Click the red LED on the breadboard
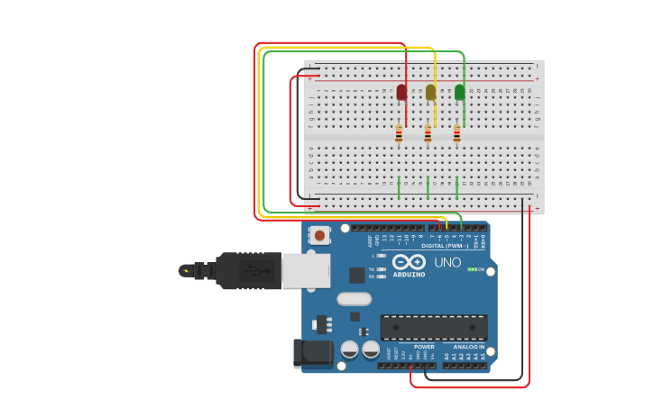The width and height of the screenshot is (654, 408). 401,92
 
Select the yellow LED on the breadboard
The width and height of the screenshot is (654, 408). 431,92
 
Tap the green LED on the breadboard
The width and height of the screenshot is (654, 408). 460,92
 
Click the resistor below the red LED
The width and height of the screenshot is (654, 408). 399,134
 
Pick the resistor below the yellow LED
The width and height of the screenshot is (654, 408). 428,134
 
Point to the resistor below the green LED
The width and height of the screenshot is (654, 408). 456,134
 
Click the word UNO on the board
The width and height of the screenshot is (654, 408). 448,263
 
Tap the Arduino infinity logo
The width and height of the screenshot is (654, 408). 409,261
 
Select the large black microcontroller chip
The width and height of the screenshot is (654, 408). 434,327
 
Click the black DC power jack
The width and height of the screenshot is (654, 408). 310,353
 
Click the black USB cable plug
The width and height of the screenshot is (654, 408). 248,270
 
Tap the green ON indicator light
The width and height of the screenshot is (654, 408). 472,269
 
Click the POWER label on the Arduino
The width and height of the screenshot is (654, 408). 424,347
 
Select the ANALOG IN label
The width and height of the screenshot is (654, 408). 468,347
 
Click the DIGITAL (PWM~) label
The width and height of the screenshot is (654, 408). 445,245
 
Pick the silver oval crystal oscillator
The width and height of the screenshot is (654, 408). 354,299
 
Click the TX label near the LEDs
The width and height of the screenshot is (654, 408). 372,269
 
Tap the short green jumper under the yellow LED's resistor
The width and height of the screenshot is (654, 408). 428,187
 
